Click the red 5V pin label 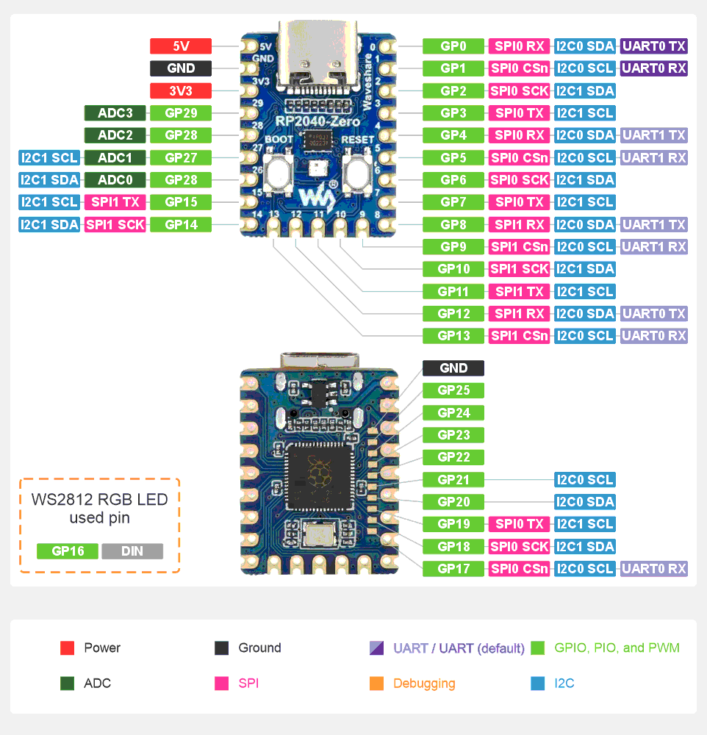[x=181, y=46]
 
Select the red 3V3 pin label [x=181, y=91]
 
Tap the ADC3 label [x=115, y=113]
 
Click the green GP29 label [x=181, y=113]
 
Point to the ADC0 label [x=115, y=180]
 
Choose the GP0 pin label [x=453, y=46]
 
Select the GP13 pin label [x=453, y=336]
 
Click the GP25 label [x=453, y=390]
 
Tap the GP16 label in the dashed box [x=68, y=551]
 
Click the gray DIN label [x=132, y=551]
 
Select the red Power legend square [x=68, y=648]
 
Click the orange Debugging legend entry [x=423, y=684]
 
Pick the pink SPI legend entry [x=248, y=684]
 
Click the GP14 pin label [x=181, y=225]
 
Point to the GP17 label [x=453, y=568]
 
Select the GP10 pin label [x=453, y=269]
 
